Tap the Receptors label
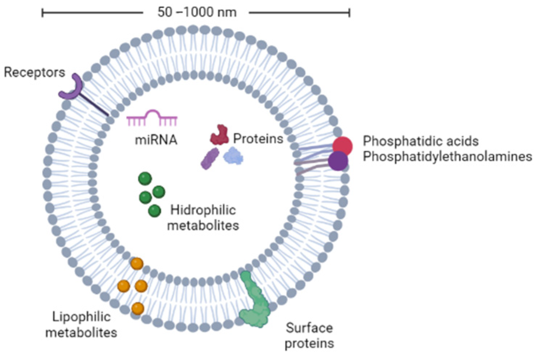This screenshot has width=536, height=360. tap(34, 72)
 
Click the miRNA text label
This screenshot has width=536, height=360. tap(156, 140)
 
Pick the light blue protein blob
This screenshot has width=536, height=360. tap(233, 157)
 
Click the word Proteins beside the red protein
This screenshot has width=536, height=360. tap(258, 138)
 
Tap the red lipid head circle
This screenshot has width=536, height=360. tap(342, 146)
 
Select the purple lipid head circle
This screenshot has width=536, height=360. tap(338, 161)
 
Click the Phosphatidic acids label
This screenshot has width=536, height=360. tap(420, 141)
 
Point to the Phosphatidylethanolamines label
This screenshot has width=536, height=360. tap(447, 156)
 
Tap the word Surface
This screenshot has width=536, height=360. tap(309, 328)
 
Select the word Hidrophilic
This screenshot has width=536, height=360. tap(203, 210)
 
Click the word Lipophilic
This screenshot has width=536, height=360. tap(82, 316)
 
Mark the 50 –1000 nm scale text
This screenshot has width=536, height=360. tap(197, 12)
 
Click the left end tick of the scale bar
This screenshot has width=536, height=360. tap(43, 13)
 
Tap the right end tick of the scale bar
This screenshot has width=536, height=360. tap(349, 13)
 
